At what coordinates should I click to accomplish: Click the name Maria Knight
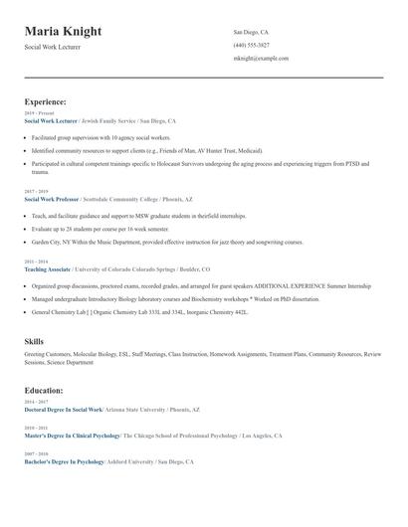63,32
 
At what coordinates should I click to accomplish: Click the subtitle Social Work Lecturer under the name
53,47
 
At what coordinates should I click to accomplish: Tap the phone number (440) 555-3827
251,45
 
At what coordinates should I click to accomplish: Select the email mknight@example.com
261,58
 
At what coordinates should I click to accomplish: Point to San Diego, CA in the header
251,32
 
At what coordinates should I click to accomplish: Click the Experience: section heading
46,101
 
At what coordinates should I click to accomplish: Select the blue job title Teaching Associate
47,268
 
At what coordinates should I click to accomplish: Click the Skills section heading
34,341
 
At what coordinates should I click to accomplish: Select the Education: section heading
45,391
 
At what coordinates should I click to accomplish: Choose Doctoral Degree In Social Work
64,409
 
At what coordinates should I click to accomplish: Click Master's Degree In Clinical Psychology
72,436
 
